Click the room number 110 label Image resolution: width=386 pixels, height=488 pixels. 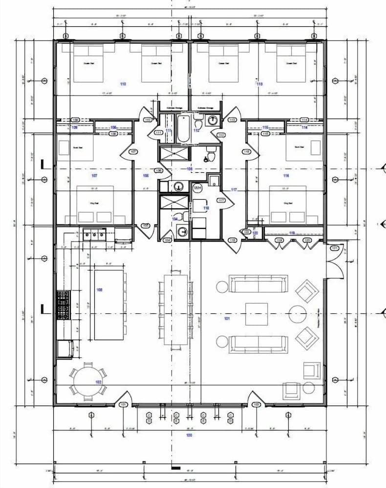pos(123,84)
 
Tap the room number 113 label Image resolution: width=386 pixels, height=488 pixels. pos(259,84)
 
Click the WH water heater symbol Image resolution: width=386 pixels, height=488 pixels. pos(198,188)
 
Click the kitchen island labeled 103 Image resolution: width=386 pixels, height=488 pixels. pos(108,305)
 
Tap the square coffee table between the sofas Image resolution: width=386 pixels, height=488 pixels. pos(256,314)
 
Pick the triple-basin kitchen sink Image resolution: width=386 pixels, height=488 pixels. pos(94,235)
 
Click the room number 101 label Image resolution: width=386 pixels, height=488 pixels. pos(226,319)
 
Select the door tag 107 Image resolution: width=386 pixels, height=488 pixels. pos(133,152)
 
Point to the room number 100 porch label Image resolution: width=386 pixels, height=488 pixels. pos(189,435)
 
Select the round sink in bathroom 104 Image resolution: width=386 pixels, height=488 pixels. pos(182,231)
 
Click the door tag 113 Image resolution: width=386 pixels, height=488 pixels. pos(233,120)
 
